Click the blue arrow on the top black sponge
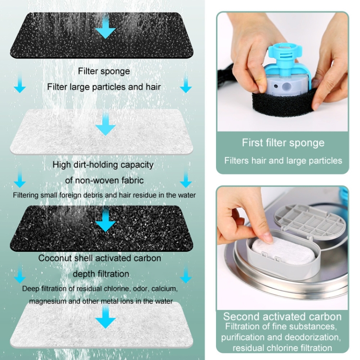(x=106, y=27)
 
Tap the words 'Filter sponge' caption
(x=104, y=71)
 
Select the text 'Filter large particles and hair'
(x=104, y=87)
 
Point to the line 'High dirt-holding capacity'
(x=103, y=165)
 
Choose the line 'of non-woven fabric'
(x=104, y=180)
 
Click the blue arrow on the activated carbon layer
(x=106, y=220)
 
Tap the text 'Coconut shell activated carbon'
(x=100, y=258)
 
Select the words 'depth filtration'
(x=101, y=274)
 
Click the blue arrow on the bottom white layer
(x=106, y=317)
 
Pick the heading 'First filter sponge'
(x=283, y=143)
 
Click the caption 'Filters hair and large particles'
(x=283, y=160)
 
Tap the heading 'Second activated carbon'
(x=282, y=317)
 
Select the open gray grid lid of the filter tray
(x=310, y=220)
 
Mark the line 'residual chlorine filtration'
(x=282, y=348)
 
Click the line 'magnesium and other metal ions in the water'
(x=101, y=301)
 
